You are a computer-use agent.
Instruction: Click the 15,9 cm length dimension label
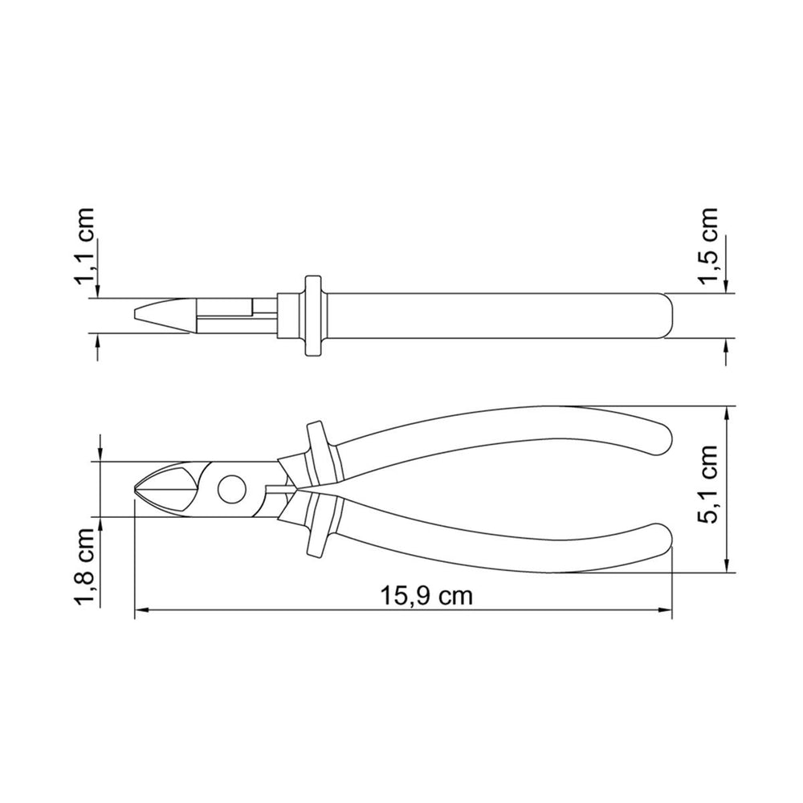(x=426, y=596)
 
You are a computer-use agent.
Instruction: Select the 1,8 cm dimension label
(x=84, y=566)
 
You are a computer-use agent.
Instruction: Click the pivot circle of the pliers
(x=231, y=489)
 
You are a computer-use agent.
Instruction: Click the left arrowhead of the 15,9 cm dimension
(x=142, y=610)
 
